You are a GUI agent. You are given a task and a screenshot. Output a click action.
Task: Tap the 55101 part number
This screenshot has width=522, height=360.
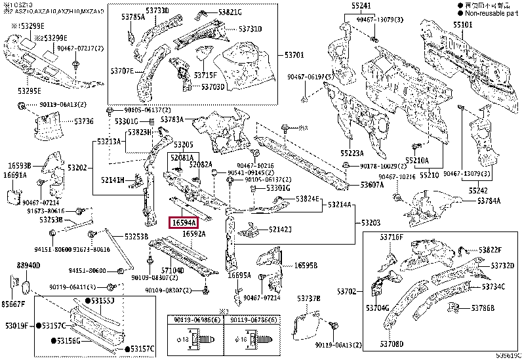point(462,24)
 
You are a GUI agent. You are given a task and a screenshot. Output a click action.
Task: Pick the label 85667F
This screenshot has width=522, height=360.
point(13,304)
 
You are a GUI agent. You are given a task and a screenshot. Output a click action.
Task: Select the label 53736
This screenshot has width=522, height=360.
point(83,121)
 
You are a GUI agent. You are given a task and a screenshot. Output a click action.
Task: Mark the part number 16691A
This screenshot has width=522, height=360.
point(15,176)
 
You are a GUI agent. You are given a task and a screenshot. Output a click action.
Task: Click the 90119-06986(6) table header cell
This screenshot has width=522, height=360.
point(195,320)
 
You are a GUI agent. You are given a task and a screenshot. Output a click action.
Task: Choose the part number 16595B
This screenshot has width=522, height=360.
point(306,266)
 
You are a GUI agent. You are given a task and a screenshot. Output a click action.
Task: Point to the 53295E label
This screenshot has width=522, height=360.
point(29,90)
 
